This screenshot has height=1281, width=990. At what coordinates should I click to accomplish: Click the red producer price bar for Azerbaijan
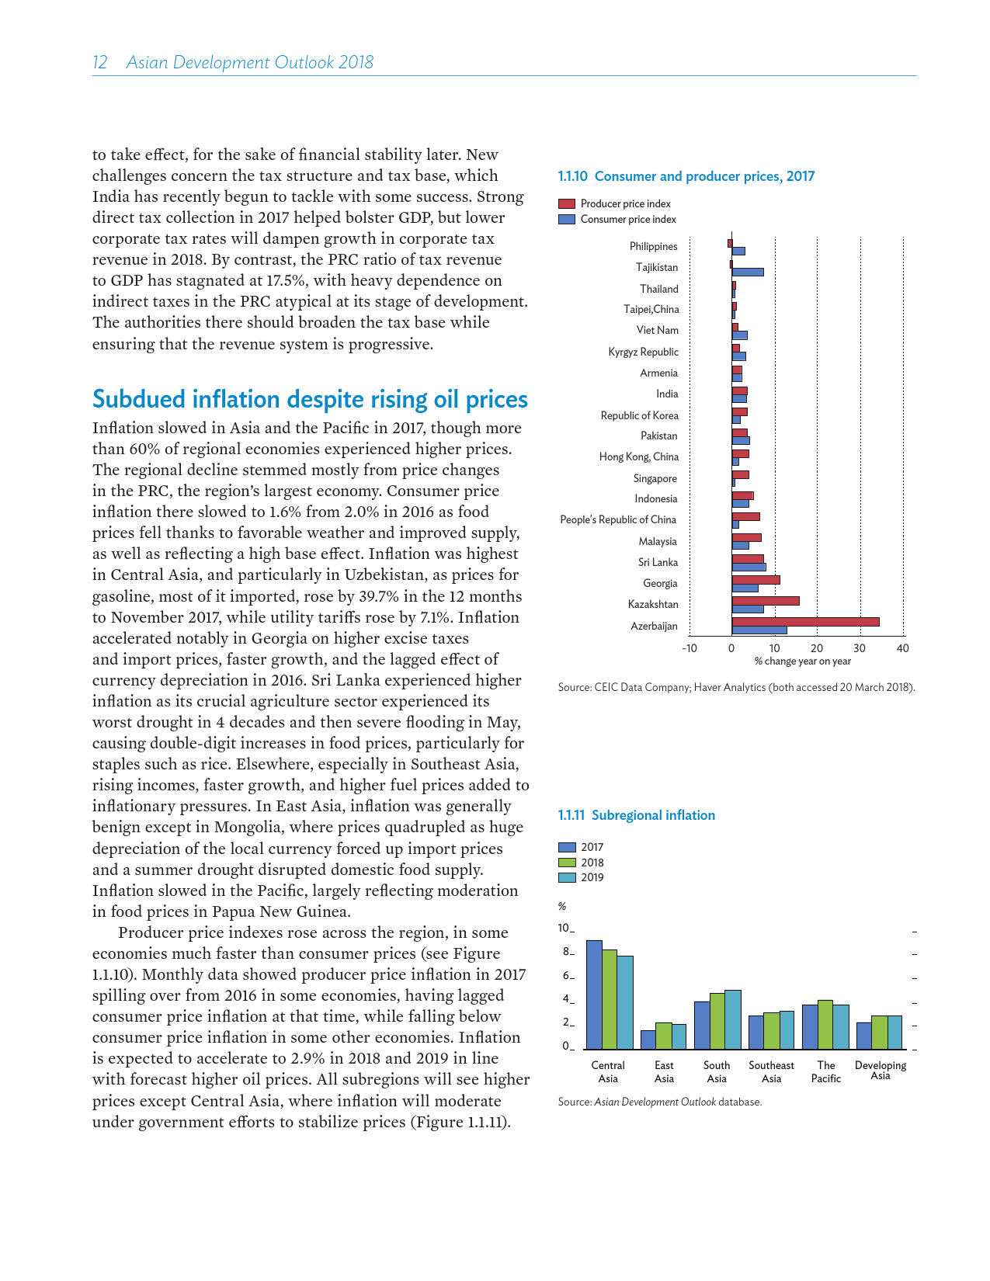click(805, 621)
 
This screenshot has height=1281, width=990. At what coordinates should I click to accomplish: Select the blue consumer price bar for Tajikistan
click(748, 272)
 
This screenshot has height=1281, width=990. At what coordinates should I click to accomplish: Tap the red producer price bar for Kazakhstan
click(766, 600)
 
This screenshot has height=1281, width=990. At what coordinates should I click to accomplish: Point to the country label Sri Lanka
click(658, 562)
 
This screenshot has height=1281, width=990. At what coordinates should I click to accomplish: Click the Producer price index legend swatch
click(567, 203)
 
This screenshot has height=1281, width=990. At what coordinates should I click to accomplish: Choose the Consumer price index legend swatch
click(567, 219)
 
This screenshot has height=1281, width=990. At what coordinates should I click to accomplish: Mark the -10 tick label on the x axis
click(689, 648)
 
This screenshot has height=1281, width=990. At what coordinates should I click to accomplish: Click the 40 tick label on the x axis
click(902, 648)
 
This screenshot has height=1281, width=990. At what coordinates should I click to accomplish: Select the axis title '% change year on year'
click(802, 661)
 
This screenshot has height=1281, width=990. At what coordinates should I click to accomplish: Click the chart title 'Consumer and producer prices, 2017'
click(704, 176)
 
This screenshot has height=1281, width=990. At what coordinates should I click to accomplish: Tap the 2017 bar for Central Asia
click(594, 995)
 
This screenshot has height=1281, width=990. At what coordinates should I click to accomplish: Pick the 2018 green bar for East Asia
click(664, 1036)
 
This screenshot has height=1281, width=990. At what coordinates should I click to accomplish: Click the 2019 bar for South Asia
click(733, 1019)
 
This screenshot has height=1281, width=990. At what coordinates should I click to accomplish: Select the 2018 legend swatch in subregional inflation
click(567, 863)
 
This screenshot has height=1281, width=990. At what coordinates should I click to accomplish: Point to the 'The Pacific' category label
click(826, 1071)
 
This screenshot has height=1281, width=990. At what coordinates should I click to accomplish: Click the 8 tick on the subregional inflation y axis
click(567, 952)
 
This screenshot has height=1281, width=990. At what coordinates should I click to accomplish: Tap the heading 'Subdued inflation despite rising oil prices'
click(310, 399)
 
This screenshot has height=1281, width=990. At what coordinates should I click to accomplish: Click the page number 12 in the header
click(99, 62)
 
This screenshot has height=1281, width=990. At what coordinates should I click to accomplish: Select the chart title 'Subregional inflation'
click(653, 815)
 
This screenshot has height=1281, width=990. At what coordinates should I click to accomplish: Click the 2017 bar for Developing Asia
click(864, 1036)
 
